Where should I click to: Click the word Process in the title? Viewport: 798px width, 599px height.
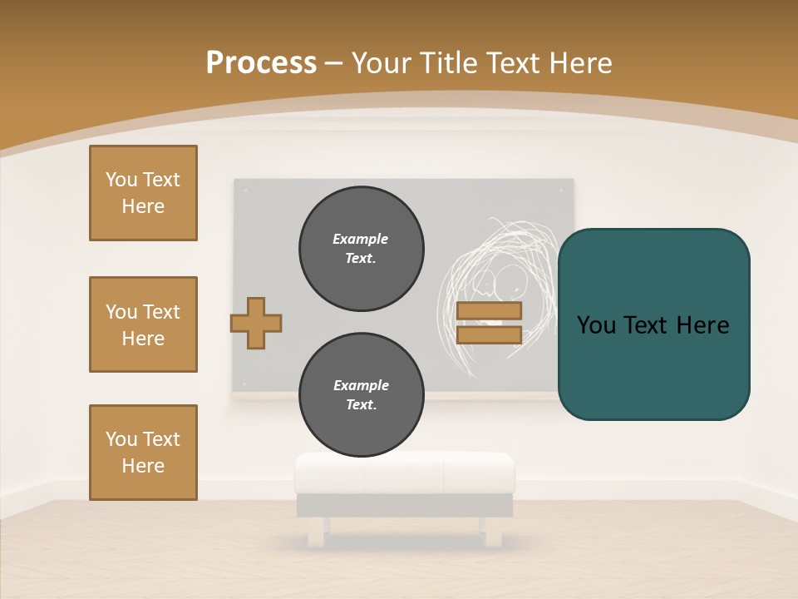tap(261, 62)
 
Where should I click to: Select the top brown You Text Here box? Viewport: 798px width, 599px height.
tap(143, 193)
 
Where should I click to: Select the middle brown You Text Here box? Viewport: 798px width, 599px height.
tap(143, 324)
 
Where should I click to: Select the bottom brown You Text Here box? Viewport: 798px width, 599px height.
tap(143, 453)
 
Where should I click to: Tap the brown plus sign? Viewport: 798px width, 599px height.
tap(256, 323)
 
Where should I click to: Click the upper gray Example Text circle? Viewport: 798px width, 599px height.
tap(362, 249)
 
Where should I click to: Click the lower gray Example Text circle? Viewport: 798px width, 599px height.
tap(362, 395)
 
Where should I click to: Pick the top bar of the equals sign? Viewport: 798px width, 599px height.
tap(489, 310)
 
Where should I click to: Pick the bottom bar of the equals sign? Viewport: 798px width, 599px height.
tap(489, 334)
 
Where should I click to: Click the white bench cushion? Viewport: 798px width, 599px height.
tap(405, 472)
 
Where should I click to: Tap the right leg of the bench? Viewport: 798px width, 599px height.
tap(493, 532)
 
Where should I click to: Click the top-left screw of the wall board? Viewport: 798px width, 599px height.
tap(245, 191)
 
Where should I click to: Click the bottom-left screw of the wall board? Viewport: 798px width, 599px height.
tap(245, 384)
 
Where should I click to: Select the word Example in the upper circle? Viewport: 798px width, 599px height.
tap(361, 239)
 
